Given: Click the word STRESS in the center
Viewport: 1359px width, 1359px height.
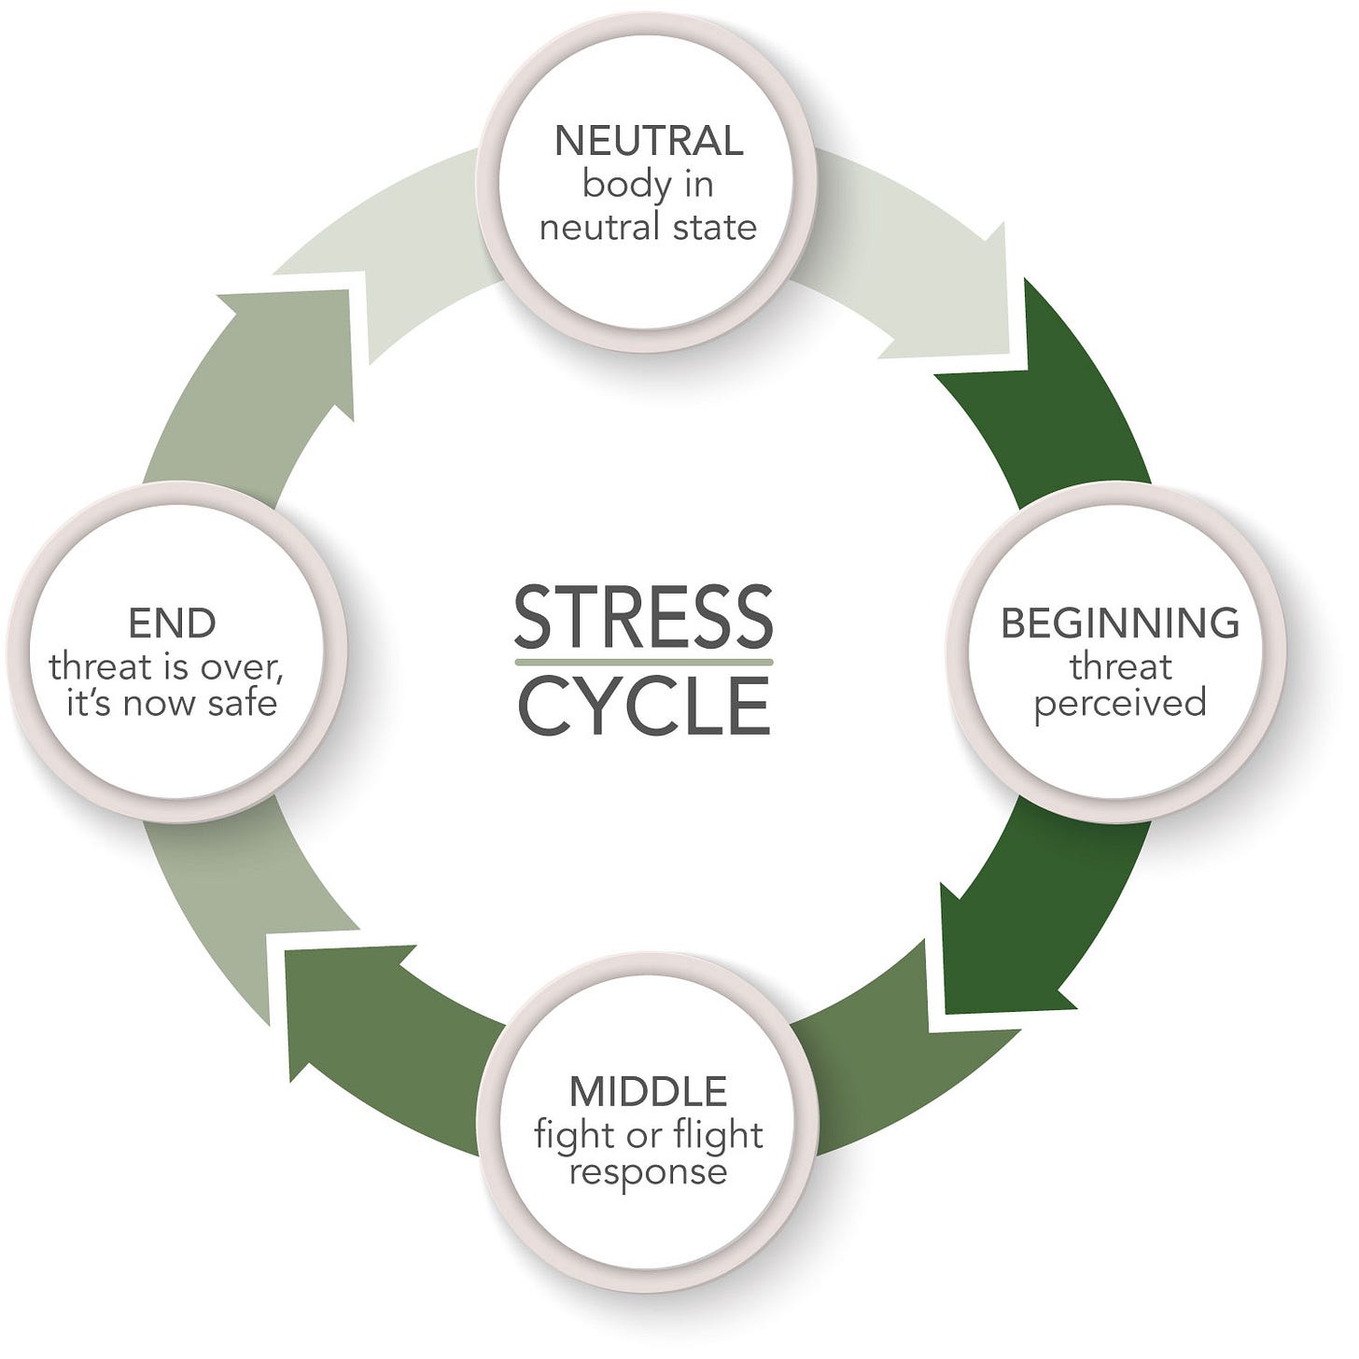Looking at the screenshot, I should coord(643,617).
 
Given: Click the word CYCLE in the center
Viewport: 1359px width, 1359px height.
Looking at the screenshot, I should coord(643,706).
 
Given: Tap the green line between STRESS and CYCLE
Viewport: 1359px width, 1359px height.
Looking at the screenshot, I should coord(643,661).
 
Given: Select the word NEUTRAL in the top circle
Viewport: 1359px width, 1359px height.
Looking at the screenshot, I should coord(649,141).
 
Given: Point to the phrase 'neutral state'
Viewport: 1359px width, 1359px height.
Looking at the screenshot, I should coord(649,227).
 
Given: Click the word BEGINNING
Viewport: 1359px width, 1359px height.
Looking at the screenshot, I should coord(1120,623).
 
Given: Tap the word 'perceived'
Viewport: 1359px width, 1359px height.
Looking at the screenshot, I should coord(1120,703).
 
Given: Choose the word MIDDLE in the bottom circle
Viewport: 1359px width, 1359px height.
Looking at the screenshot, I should coord(649,1090).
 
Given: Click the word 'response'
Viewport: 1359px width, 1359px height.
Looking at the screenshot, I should coord(649,1171).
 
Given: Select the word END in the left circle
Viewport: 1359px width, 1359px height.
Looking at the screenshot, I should coord(172,623).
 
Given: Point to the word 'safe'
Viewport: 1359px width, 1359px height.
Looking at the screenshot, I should coord(243,703).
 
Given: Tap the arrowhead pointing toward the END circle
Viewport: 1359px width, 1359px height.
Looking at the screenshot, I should coord(327,1008).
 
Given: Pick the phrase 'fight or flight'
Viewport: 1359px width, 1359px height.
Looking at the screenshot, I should coord(649,1135).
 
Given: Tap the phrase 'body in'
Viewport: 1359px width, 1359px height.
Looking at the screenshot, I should coord(649,184).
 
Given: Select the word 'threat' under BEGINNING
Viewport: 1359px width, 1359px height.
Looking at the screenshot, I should coord(1120,666).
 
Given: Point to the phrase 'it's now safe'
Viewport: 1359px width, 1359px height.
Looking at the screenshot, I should coord(172,703).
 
